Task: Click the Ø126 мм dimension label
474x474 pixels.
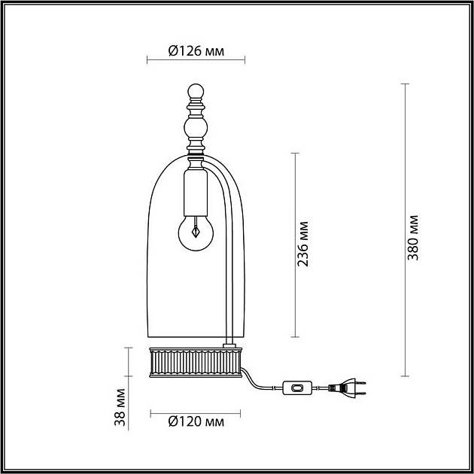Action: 195,51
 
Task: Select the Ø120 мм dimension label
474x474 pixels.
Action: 195,422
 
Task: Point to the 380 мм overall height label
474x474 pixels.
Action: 412,236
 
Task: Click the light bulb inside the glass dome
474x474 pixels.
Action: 194,233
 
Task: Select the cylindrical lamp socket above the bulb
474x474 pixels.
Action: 194,194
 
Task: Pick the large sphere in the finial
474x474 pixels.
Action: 195,132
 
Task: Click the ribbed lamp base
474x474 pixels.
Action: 195,363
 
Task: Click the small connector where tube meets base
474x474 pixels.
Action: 227,345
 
